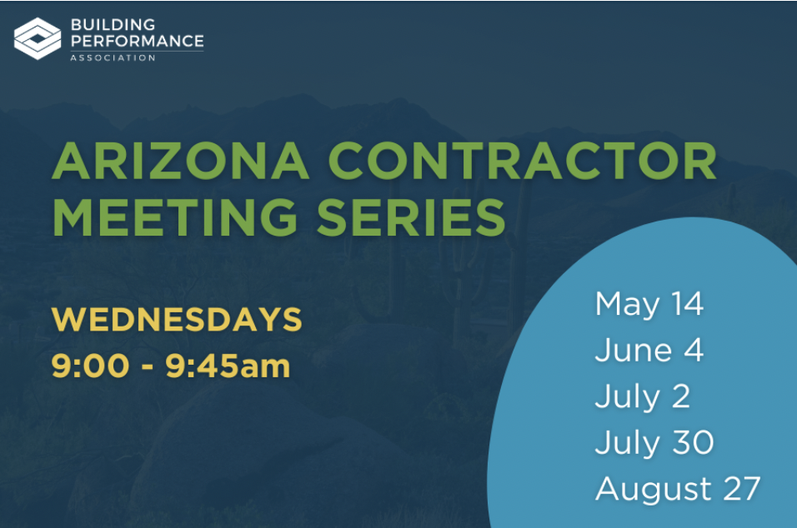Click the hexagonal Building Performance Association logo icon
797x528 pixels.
click(x=38, y=38)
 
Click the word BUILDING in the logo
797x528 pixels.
click(x=113, y=24)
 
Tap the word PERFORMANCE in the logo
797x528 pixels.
click(x=138, y=41)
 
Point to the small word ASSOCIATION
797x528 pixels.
click(x=113, y=57)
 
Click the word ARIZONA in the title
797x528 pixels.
click(x=181, y=161)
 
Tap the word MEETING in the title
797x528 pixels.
click(x=175, y=217)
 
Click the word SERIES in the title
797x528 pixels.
click(x=411, y=217)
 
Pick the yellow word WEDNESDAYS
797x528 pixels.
click(x=177, y=319)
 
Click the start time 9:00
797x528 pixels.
click(x=91, y=366)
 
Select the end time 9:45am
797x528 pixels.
click(x=228, y=366)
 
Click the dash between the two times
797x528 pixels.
click(x=148, y=367)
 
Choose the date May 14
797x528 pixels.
click(x=649, y=305)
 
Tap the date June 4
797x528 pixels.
click(x=649, y=350)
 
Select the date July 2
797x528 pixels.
click(x=643, y=396)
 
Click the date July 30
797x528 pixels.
click(x=654, y=443)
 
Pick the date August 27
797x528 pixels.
click(x=678, y=490)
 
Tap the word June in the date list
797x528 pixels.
click(x=634, y=350)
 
